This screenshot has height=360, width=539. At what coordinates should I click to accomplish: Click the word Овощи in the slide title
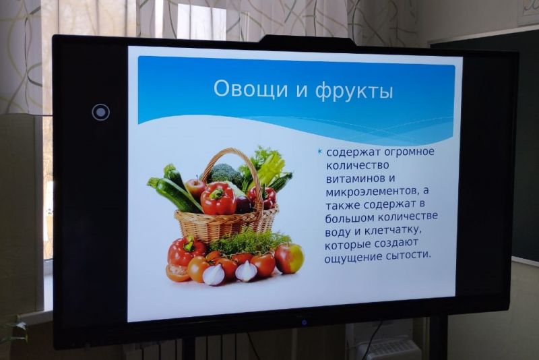coord(246,89)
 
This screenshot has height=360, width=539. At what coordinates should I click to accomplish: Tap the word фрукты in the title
coord(354,91)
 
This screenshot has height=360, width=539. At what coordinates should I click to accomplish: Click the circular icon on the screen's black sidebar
coord(100,112)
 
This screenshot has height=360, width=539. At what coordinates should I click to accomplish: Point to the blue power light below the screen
coord(304,322)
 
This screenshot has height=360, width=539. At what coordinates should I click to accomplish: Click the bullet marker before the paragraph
coord(320,151)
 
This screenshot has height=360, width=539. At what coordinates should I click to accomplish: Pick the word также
coord(343,205)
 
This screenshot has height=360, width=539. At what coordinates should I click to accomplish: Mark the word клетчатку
coord(393,231)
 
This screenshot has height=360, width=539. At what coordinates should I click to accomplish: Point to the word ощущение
coord(352,258)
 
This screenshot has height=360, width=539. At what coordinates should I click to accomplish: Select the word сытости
coord(408,256)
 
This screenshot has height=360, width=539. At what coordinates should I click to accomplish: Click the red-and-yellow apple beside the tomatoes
coord(289,258)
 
